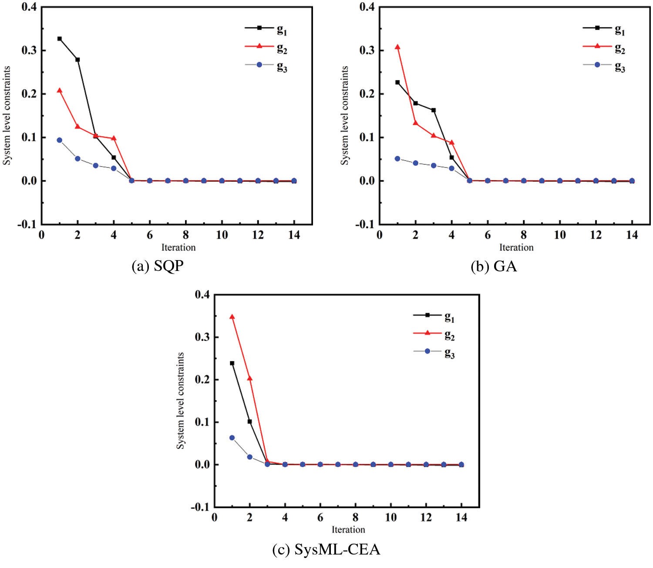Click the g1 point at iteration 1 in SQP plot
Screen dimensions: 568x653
(60, 39)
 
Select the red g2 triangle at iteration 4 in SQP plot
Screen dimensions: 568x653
(114, 138)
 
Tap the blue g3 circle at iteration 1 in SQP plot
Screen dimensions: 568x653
(60, 140)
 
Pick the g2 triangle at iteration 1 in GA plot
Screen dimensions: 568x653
(397, 47)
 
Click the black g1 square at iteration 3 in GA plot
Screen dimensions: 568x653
(434, 110)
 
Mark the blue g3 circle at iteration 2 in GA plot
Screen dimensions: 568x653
(415, 163)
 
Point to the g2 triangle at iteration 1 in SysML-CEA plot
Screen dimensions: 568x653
(232, 317)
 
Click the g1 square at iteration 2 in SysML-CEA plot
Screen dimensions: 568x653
(250, 421)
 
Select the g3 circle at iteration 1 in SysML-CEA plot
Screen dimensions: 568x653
(232, 438)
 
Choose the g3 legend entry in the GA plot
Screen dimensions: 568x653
(604, 66)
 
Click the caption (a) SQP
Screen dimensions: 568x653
(158, 266)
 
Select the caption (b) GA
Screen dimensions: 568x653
(494, 266)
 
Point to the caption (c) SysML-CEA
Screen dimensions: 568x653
(326, 550)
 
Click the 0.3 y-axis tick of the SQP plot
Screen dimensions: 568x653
(29, 50)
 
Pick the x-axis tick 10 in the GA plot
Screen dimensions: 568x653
(559, 235)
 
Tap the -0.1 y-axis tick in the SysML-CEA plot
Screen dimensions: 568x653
(200, 507)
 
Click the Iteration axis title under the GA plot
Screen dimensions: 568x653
(516, 247)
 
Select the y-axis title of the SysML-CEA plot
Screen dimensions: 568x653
(180, 401)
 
